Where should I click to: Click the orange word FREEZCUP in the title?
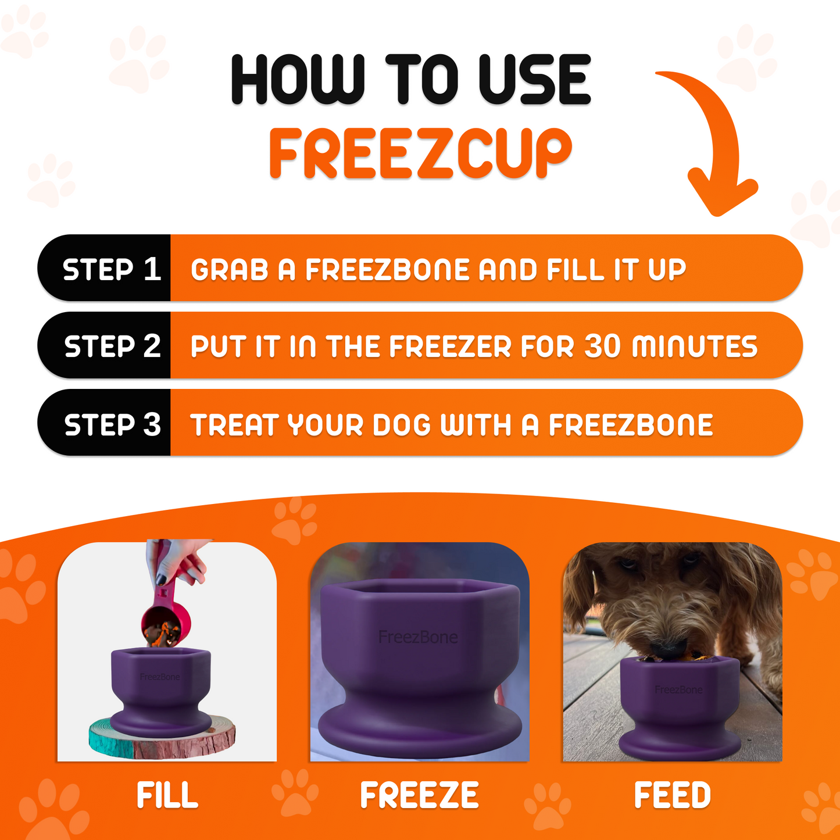420,153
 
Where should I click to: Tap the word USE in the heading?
534,80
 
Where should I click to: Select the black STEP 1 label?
110,269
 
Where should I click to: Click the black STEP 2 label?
112,346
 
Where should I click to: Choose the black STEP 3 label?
112,424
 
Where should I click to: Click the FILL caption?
167,795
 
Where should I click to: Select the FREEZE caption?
419,795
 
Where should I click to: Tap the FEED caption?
672,795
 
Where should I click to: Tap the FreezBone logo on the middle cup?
418,637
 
